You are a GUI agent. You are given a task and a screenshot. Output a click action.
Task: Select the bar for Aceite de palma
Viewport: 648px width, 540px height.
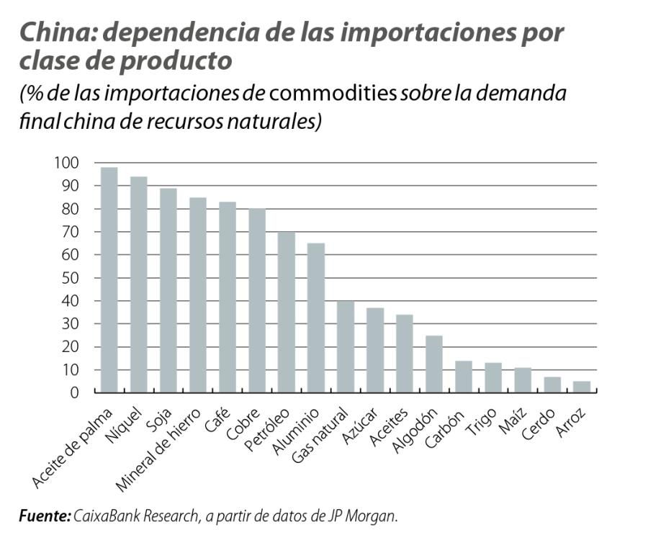109,281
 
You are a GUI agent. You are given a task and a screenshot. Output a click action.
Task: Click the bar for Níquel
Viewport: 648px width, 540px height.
139,285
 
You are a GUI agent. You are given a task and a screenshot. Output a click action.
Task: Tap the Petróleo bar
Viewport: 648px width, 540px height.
287,312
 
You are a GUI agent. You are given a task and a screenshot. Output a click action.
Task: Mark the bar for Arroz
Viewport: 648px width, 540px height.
582,387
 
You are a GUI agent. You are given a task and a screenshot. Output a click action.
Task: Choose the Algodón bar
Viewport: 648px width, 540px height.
434,364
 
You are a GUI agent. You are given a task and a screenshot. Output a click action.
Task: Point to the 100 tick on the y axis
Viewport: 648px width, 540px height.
66,163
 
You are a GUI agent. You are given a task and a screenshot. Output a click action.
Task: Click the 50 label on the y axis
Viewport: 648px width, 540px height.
69,278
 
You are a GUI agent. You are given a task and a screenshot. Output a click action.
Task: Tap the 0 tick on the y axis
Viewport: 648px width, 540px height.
73,393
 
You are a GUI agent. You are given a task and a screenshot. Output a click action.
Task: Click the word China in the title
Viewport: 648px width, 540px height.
55,33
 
